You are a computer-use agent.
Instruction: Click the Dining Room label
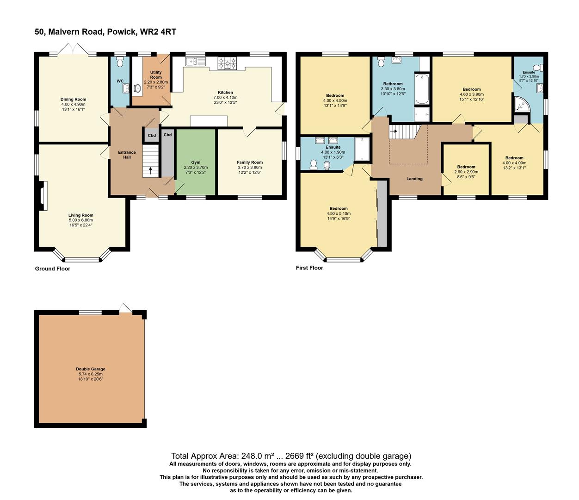click(73, 100)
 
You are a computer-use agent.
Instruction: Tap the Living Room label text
click(81, 215)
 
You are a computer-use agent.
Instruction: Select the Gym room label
click(196, 162)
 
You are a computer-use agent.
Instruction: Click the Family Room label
click(250, 162)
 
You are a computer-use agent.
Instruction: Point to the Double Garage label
click(91, 369)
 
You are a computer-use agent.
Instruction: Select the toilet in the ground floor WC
click(120, 62)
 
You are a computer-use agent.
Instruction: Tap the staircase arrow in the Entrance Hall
click(150, 170)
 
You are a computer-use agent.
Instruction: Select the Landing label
click(414, 179)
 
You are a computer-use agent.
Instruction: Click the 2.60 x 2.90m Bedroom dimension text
click(466, 172)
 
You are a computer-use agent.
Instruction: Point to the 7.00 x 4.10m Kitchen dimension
click(225, 98)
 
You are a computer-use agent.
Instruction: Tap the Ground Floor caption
click(53, 269)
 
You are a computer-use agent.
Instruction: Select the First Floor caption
click(309, 268)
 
